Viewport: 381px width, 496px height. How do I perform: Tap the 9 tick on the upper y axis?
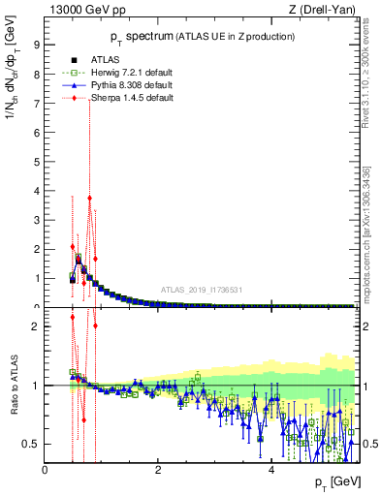[36, 44]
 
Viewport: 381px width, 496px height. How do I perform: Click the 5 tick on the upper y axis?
[36, 161]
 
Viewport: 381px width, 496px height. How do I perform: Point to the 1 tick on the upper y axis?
[36, 278]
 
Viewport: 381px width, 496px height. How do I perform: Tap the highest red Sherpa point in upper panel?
[89, 198]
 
